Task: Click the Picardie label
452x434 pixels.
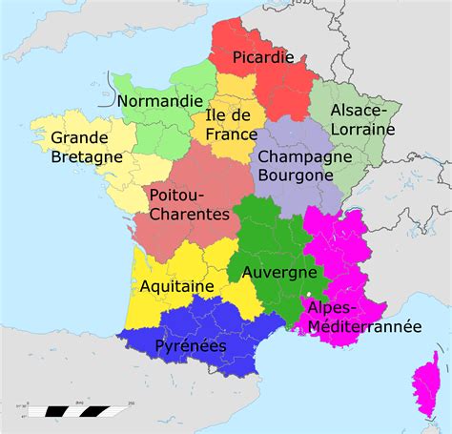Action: pos(263,56)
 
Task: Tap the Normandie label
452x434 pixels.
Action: pos(160,100)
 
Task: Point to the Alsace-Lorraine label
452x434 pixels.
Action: pos(363,118)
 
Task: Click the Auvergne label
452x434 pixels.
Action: pos(279,273)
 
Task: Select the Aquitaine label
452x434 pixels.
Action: pos(175,285)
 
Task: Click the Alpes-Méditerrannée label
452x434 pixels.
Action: pos(363,317)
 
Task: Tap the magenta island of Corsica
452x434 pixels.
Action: pos(426,379)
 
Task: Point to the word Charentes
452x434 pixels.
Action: pos(190,216)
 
